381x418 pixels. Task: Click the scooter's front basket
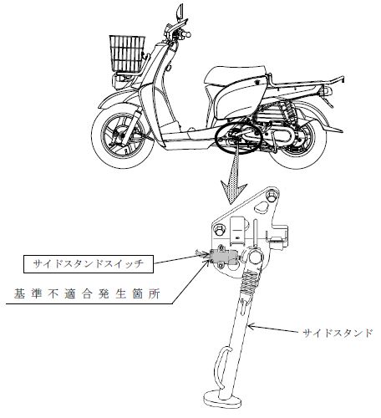pos(128,54)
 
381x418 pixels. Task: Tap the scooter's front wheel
pos(124,135)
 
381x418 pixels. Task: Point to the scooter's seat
pos(236,74)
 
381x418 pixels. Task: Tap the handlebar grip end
pos(188,34)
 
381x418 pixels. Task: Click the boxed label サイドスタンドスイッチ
pos(89,263)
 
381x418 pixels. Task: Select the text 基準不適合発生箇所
pos(87,294)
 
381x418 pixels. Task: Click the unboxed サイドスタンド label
pos(337,333)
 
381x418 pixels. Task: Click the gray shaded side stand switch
pos(222,256)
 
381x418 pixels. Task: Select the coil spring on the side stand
pos(251,281)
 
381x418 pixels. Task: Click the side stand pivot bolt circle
pos(255,257)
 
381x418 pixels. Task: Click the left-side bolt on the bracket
pos(219,231)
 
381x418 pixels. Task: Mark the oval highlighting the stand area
pos(239,139)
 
